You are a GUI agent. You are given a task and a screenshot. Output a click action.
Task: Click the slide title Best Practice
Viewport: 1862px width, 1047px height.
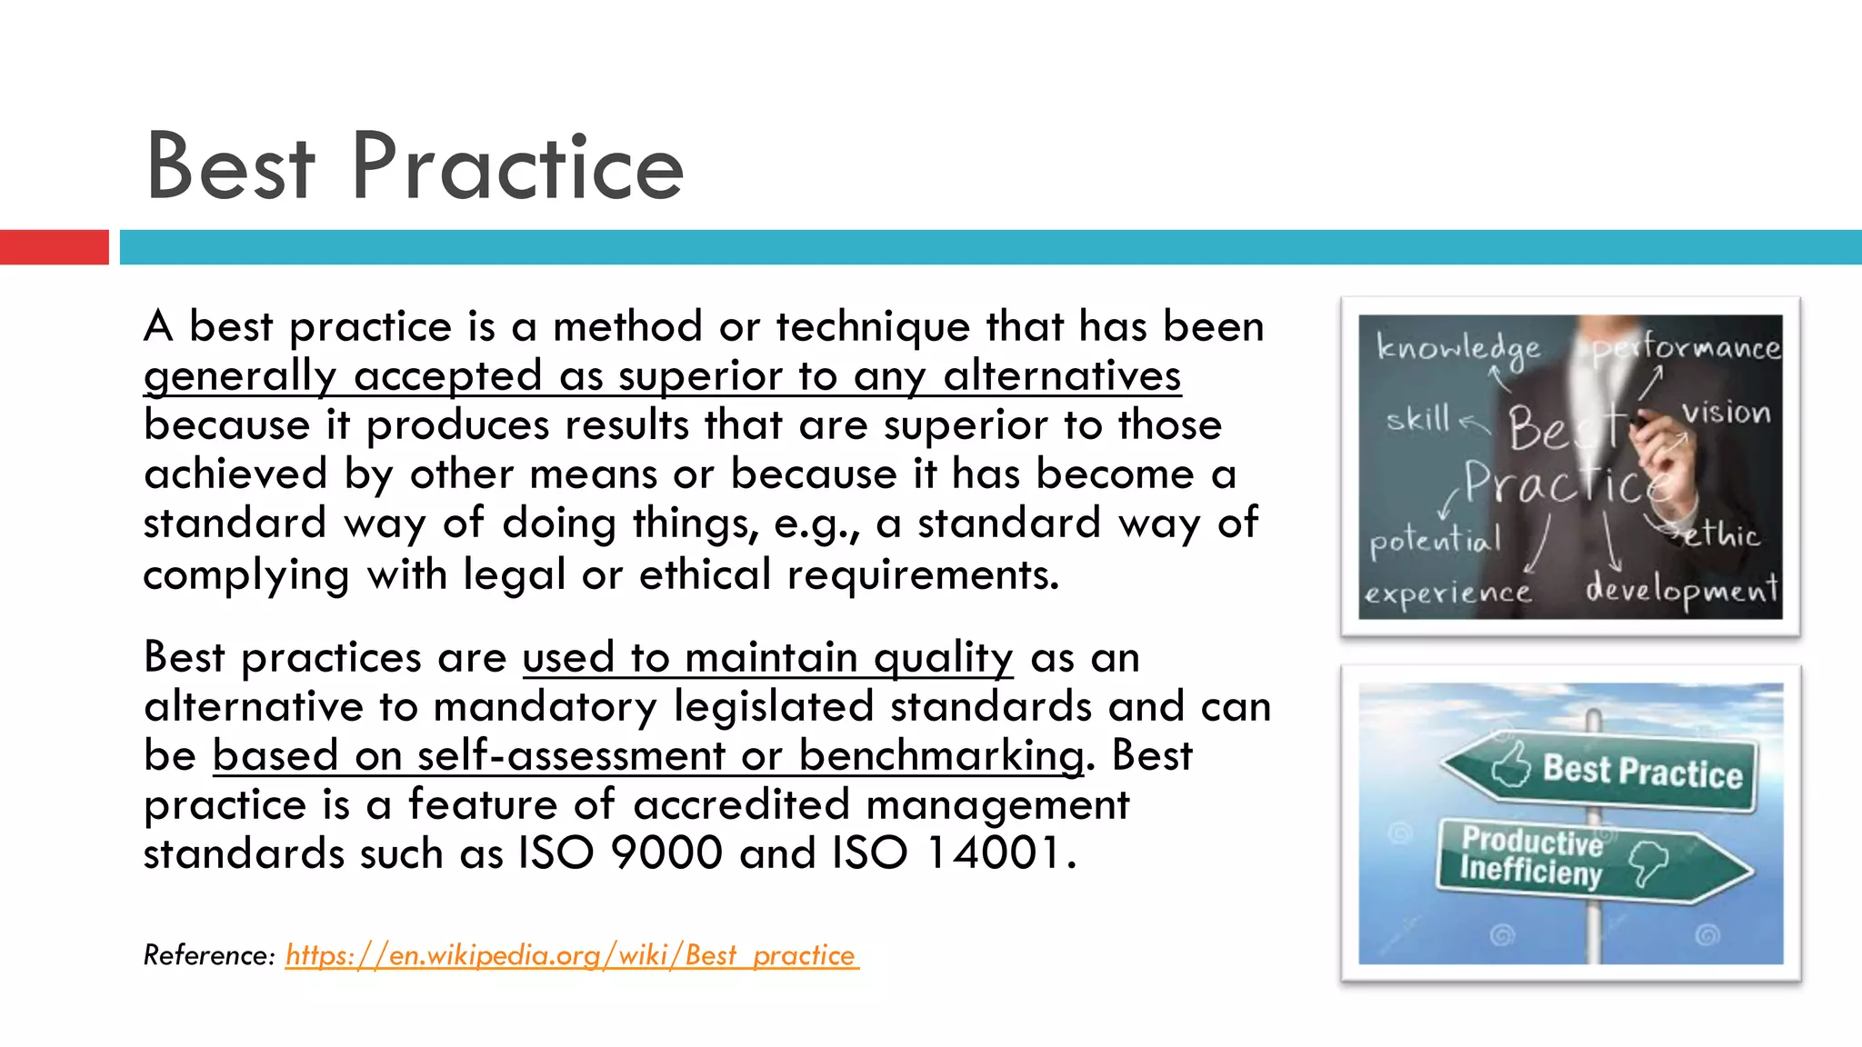[415, 166]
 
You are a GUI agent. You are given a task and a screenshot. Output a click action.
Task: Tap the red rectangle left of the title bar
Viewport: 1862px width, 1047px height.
[54, 247]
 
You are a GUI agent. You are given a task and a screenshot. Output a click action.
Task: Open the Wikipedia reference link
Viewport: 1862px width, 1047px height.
[571, 955]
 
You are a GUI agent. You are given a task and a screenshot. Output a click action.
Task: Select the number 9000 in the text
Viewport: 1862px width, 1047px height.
[666, 853]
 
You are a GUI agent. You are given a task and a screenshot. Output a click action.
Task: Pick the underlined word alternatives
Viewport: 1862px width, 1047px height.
[1062, 376]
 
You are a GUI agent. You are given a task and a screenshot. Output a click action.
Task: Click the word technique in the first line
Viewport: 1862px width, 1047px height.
[874, 327]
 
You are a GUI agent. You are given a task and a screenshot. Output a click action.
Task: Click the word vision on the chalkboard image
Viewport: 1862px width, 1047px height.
[1726, 414]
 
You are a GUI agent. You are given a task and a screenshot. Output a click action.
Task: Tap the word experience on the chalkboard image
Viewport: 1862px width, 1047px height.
[1447, 593]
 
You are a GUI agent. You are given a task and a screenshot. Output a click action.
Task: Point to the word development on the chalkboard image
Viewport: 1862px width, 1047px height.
[1682, 591]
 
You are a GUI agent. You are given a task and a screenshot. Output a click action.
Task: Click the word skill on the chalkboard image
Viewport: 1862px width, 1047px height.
[1417, 420]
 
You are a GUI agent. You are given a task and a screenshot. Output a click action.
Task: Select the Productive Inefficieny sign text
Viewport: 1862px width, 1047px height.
[1532, 856]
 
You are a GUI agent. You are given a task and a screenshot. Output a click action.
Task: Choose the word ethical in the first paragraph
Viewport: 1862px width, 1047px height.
[705, 575]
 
